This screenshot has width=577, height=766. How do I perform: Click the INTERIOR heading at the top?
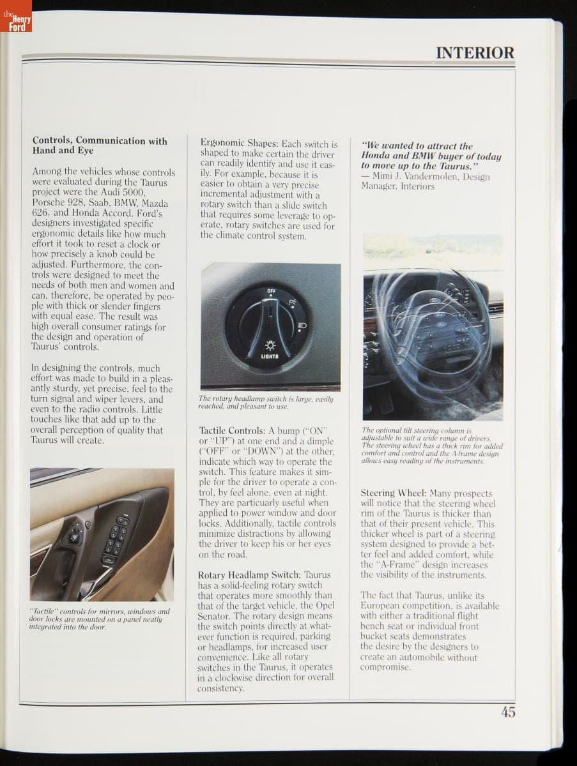(475, 53)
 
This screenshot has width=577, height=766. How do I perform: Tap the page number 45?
(508, 712)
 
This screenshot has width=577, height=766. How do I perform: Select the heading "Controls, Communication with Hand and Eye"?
(100, 146)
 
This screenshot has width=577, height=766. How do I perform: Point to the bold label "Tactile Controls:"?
(232, 431)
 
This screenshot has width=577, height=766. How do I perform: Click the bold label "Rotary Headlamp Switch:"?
(249, 574)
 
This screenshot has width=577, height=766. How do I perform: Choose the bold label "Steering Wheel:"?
(394, 493)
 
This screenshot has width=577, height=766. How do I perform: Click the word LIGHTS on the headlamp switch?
(269, 356)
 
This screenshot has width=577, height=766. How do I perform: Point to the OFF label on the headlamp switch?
(272, 292)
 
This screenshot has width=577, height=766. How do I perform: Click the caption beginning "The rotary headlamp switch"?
(265, 402)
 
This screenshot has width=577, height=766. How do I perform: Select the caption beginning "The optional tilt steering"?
(431, 446)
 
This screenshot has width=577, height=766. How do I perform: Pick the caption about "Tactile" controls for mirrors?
(100, 619)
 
